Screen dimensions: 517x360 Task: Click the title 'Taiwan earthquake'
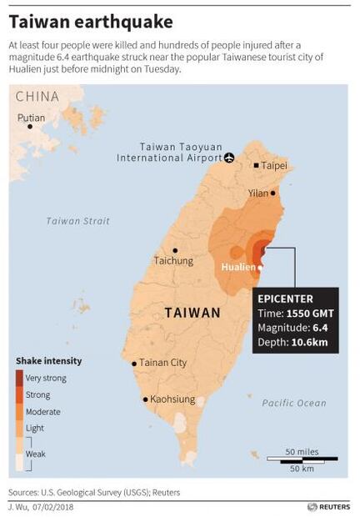click(91, 21)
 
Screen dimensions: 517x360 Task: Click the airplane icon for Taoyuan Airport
click(230, 157)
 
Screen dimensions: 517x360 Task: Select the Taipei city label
click(274, 165)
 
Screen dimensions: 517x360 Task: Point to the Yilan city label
click(259, 193)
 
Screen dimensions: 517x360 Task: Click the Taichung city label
click(173, 260)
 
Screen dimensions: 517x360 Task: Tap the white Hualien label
click(238, 267)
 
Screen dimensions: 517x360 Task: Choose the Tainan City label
click(162, 363)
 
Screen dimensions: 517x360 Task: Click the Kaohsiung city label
click(172, 399)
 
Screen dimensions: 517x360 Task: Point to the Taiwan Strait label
click(77, 221)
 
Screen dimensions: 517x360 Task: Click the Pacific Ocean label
click(294, 403)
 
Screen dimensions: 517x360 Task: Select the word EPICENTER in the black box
click(285, 298)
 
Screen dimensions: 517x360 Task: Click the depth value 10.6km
click(311, 343)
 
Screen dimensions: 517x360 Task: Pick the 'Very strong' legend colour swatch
click(19, 378)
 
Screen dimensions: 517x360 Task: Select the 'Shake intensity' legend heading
click(48, 360)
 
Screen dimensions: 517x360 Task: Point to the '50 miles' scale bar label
click(302, 451)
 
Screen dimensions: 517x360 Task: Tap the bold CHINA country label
click(38, 97)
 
